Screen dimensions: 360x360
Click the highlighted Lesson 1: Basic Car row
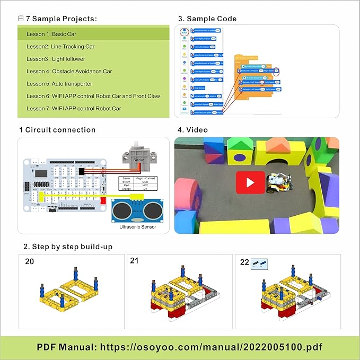click(93, 34)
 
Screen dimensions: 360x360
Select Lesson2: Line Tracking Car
click(60, 47)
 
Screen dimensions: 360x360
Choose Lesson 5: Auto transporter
click(59, 84)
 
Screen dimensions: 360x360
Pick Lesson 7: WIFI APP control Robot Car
click(74, 108)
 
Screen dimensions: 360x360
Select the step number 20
click(30, 261)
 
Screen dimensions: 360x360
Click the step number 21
click(135, 260)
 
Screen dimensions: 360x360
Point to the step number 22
click(244, 261)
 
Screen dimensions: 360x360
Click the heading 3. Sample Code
click(207, 19)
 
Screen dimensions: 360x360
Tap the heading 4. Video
click(193, 130)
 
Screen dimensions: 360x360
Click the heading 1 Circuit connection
click(57, 130)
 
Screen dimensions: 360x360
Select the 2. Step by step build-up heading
click(68, 247)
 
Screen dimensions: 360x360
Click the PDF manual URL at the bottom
click(180, 347)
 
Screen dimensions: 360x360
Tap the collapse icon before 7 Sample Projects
click(21, 19)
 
